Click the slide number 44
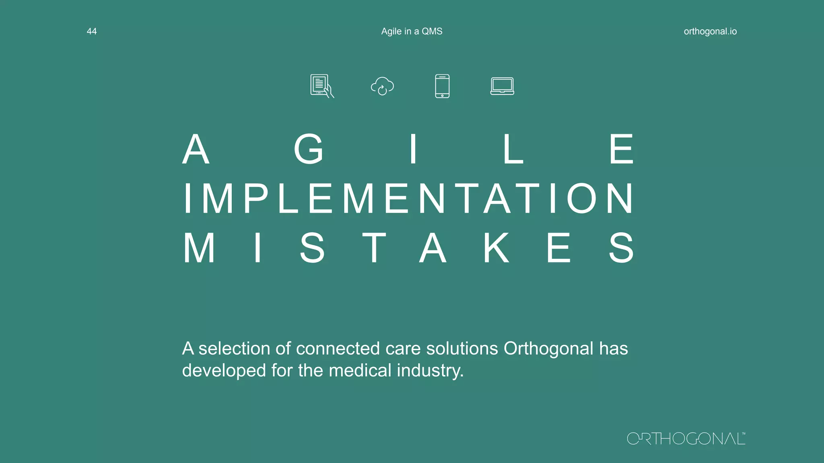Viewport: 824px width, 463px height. (x=92, y=31)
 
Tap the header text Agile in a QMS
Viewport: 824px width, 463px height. (x=412, y=31)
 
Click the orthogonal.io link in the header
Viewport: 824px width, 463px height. (x=710, y=31)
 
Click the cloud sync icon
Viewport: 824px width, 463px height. (x=382, y=86)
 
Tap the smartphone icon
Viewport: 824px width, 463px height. (x=442, y=86)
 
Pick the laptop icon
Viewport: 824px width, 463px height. (x=502, y=86)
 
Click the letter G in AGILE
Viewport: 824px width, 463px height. (x=309, y=150)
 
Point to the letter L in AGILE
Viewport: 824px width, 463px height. (x=513, y=150)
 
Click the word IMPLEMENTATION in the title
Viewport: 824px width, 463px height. (x=409, y=199)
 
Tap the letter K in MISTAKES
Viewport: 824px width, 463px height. (x=496, y=248)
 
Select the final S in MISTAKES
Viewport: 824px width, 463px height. (x=621, y=248)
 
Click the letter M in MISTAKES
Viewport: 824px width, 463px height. (x=199, y=248)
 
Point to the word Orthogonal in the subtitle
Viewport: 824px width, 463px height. (x=548, y=348)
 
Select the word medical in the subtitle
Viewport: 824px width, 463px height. (x=360, y=370)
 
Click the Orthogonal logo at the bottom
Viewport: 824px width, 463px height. (x=686, y=438)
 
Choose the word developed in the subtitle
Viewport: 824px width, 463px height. (x=224, y=370)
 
